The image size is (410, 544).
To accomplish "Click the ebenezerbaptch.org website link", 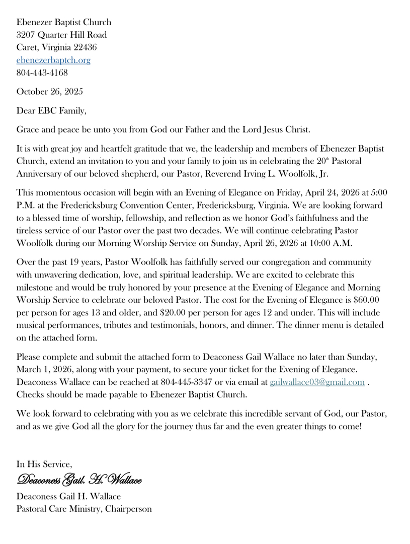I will click(x=53, y=60).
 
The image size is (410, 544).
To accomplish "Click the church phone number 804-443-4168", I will click(x=42, y=73).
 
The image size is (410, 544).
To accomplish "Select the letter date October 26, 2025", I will click(x=50, y=92).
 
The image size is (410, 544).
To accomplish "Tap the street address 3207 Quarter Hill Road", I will click(x=61, y=35).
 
